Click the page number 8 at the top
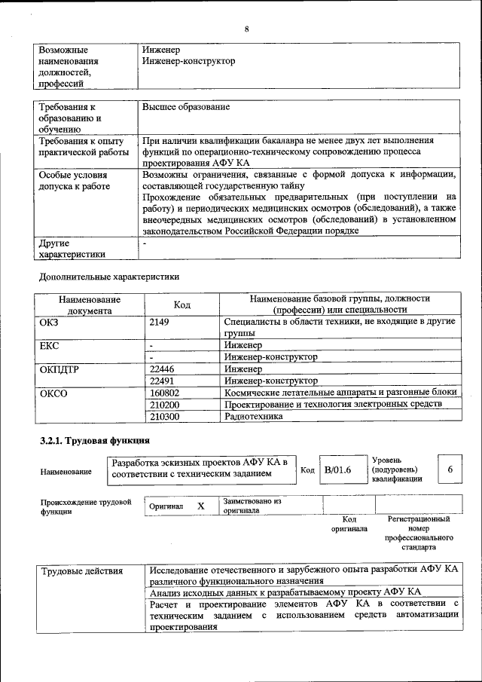(x=246, y=29)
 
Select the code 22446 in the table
(x=163, y=369)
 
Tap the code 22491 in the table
(x=163, y=381)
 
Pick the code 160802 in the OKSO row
(x=165, y=393)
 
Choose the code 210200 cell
(x=165, y=405)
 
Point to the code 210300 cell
(x=165, y=416)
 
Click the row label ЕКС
(x=49, y=346)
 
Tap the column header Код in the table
(x=182, y=304)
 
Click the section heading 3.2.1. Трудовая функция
(x=94, y=440)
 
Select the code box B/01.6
(x=338, y=470)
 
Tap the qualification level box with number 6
(x=450, y=469)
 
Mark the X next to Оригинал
(x=201, y=506)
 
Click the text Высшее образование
(x=185, y=107)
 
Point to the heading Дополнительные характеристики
(x=108, y=276)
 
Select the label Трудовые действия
(x=82, y=570)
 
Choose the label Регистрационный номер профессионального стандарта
(x=419, y=534)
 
